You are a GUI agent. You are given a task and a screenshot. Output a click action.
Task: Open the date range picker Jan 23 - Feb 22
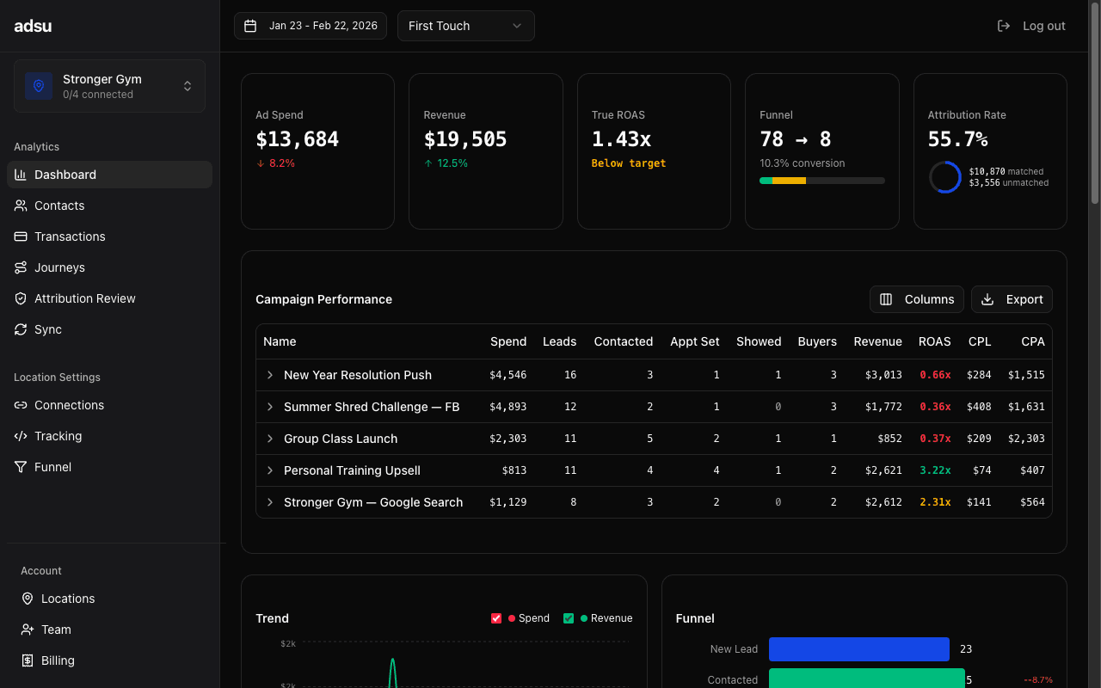click(311, 26)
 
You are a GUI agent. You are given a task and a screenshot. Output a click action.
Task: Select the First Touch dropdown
click(465, 26)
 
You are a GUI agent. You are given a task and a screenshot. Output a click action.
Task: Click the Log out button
click(1031, 26)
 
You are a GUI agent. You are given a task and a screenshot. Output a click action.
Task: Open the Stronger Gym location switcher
click(109, 86)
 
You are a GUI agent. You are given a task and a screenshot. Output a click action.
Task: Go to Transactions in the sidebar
click(70, 236)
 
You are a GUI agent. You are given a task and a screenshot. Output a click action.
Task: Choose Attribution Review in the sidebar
click(84, 298)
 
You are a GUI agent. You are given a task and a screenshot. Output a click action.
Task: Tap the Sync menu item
click(48, 329)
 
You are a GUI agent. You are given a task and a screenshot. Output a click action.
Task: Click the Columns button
click(917, 299)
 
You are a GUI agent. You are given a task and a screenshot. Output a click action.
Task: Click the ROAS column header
click(934, 341)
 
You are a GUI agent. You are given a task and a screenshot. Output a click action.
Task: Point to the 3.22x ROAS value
click(934, 470)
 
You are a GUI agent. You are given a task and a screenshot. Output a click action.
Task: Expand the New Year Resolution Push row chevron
click(270, 375)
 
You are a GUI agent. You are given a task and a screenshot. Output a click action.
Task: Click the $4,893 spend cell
click(507, 407)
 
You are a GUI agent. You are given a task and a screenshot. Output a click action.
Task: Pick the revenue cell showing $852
click(889, 439)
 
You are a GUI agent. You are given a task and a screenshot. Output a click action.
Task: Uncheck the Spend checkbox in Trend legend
click(496, 618)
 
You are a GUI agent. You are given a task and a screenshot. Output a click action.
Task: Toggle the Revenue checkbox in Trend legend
click(569, 618)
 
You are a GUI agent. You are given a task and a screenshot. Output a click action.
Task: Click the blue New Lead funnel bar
click(858, 649)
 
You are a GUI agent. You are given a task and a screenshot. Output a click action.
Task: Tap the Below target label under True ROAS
click(628, 163)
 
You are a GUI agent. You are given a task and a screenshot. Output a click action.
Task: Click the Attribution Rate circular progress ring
click(944, 177)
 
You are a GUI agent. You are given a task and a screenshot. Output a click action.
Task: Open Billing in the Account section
click(58, 660)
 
